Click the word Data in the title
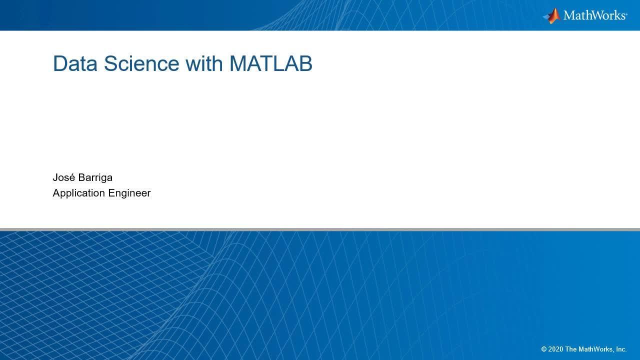(x=75, y=63)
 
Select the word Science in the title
(x=141, y=63)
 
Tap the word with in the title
(x=204, y=63)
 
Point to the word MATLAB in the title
(x=271, y=63)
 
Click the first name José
(x=63, y=177)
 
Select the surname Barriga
(x=95, y=178)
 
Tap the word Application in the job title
(x=79, y=193)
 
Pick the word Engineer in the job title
(x=129, y=193)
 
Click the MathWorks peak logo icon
(x=551, y=15)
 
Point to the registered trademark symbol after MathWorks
(x=626, y=13)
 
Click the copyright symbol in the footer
(x=544, y=349)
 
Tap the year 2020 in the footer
(x=555, y=349)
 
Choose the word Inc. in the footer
(x=621, y=349)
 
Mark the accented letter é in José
(x=72, y=177)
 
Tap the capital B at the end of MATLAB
(x=305, y=63)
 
